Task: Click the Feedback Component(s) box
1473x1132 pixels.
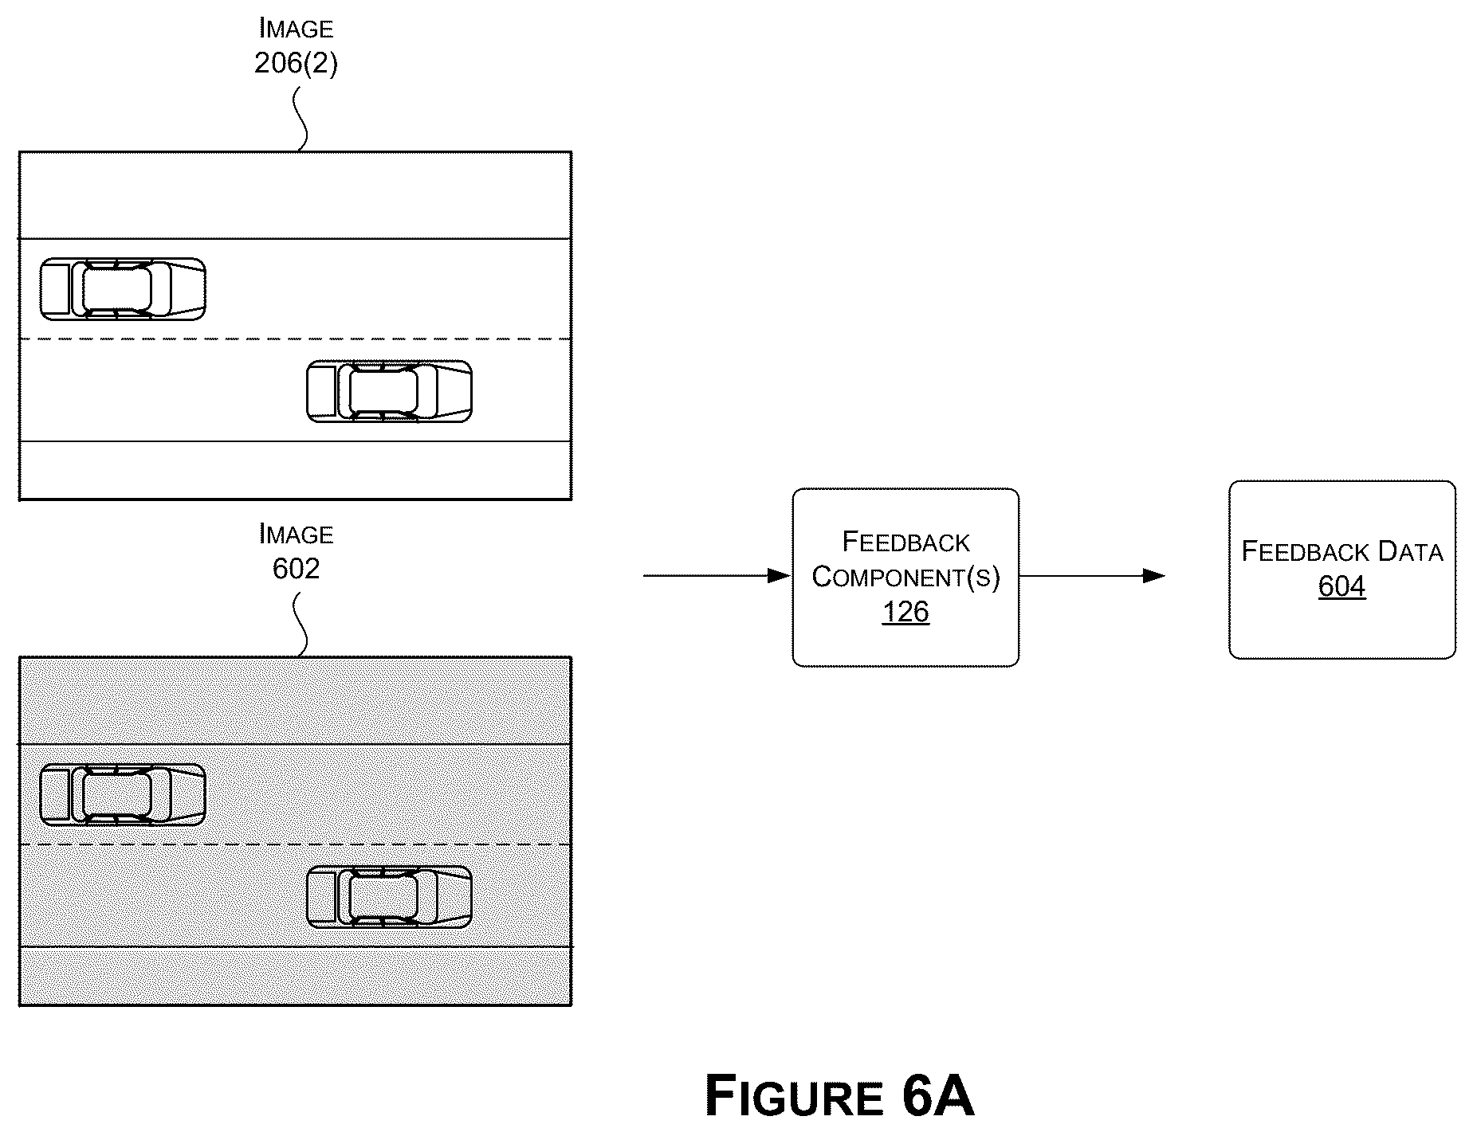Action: [x=905, y=577]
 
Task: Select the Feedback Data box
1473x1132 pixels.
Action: [x=1342, y=570]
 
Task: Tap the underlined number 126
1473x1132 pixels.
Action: [x=905, y=612]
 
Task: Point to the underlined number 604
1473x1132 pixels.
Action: [x=1342, y=586]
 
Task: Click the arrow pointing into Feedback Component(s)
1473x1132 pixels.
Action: [x=717, y=575]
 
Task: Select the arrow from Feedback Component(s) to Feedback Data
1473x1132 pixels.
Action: [x=1093, y=575]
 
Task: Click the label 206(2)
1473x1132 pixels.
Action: [x=296, y=63]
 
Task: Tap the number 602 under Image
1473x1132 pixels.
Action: [x=296, y=568]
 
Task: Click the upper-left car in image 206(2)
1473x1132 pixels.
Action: [x=123, y=288]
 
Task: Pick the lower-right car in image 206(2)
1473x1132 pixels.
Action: [x=389, y=390]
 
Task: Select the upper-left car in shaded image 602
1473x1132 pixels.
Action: [x=123, y=794]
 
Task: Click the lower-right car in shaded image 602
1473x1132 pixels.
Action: [x=389, y=896]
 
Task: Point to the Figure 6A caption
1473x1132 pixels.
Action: [x=839, y=1097]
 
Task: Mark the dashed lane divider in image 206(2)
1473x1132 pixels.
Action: [x=295, y=339]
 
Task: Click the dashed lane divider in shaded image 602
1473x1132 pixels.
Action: [x=295, y=844]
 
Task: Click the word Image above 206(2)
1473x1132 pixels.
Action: [x=296, y=29]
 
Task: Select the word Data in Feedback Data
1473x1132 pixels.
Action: [x=1411, y=551]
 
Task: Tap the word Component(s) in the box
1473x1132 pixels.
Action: [x=905, y=577]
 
